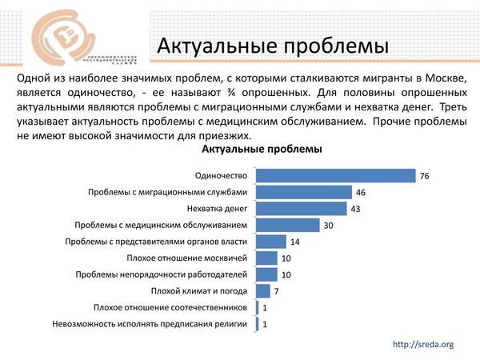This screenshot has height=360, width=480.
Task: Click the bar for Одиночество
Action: (336, 176)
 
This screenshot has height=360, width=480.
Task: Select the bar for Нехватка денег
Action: (302, 209)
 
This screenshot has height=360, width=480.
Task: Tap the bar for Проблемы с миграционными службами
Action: (304, 192)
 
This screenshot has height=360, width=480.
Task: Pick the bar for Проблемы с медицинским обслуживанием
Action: (288, 226)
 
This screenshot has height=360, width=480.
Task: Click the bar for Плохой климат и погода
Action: (263, 290)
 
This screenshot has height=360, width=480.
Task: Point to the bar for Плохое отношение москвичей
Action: (266, 258)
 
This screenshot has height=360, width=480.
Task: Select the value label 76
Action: (425, 176)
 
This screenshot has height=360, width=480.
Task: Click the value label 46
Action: (361, 193)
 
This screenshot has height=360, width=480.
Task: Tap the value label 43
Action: (356, 209)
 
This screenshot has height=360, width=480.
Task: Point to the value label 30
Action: (329, 226)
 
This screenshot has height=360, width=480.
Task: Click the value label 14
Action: (295, 242)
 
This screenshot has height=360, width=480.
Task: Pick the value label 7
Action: (276, 290)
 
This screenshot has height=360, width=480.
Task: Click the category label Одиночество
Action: (222, 176)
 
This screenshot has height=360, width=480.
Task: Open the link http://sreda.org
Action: (424, 344)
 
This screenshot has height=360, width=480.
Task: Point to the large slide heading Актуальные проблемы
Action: (272, 46)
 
